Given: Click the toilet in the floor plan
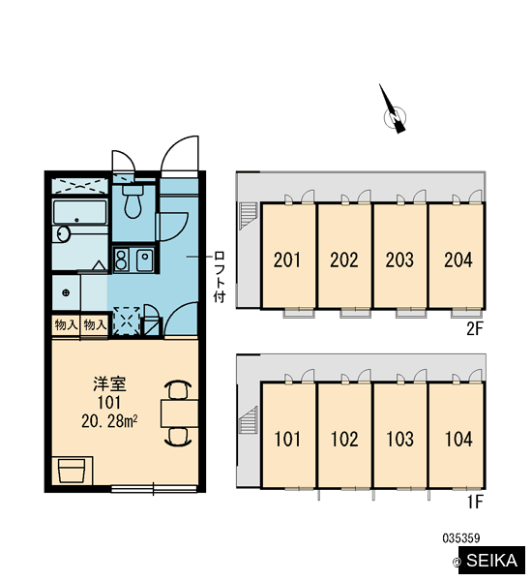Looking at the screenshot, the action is [133, 201].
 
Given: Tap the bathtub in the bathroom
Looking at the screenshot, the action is [80, 212].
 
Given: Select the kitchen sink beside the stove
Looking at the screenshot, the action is [145, 260].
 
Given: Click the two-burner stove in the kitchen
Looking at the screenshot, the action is [121, 260].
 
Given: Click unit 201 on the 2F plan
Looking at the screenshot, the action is [287, 260].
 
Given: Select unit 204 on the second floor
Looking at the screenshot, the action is [458, 260].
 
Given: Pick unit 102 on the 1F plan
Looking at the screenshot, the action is [344, 439].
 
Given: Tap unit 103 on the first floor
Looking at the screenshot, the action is [399, 439].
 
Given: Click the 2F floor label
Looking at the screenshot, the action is [475, 328].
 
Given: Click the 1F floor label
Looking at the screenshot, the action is [475, 503].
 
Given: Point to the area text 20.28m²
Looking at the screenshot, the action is [109, 421].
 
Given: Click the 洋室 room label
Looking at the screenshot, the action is [109, 384].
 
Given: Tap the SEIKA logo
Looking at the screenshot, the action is [491, 561].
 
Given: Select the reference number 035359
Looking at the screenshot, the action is [461, 538].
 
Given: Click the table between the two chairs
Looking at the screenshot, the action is [179, 413].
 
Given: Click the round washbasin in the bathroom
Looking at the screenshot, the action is [63, 234].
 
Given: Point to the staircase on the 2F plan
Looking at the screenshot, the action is [249, 216].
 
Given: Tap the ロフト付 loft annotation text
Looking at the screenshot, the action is [220, 277].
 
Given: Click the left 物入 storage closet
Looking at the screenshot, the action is [66, 325].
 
